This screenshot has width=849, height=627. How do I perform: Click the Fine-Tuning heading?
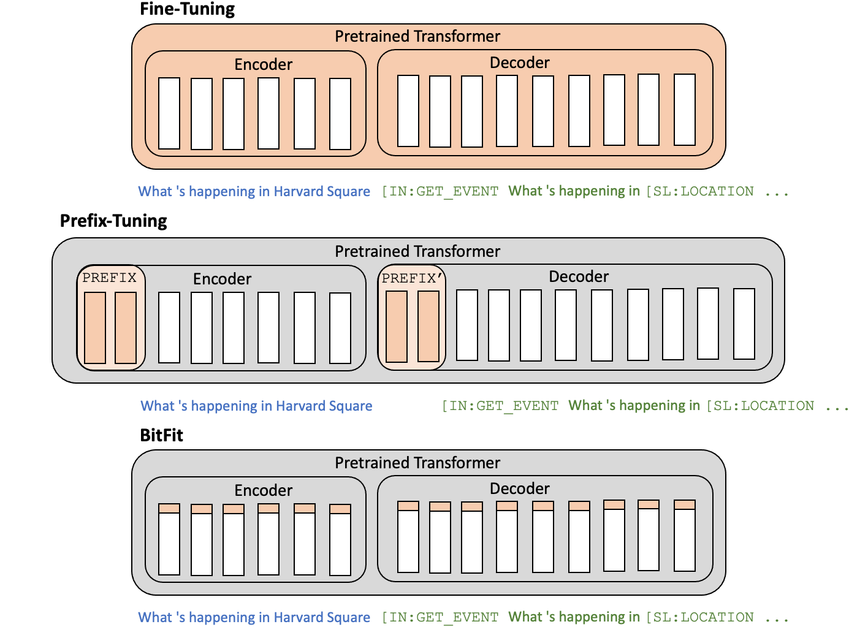pos(187,9)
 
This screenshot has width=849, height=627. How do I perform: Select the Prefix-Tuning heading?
pos(113,221)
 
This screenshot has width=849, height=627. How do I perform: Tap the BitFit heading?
pos(161,435)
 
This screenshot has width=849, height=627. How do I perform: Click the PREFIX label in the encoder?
pos(109,278)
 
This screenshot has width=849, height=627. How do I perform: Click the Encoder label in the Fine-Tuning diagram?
pos(263,64)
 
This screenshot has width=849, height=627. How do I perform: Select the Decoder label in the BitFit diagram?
pos(519,488)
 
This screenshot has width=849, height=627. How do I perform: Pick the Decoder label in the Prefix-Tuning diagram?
pos(578,276)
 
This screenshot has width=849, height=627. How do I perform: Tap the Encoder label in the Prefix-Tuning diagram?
pos(222,279)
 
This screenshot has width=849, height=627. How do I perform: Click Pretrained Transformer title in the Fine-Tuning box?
pos(417,36)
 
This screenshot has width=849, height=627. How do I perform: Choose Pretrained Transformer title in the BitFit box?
pos(417,463)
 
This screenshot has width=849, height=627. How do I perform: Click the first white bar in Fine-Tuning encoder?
pos(169,113)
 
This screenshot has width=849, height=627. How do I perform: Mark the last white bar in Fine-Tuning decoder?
pos(684,110)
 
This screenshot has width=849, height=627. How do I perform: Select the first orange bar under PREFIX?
pos(95,328)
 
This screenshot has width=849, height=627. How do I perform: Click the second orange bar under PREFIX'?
pos(428,327)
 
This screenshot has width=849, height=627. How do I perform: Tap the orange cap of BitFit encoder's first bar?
pos(169,508)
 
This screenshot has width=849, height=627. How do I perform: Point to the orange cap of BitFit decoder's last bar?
pos(684,504)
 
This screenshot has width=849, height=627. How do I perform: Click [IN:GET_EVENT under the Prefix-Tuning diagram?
pos(500,406)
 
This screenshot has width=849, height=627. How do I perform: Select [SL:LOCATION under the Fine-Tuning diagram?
pos(700,191)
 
